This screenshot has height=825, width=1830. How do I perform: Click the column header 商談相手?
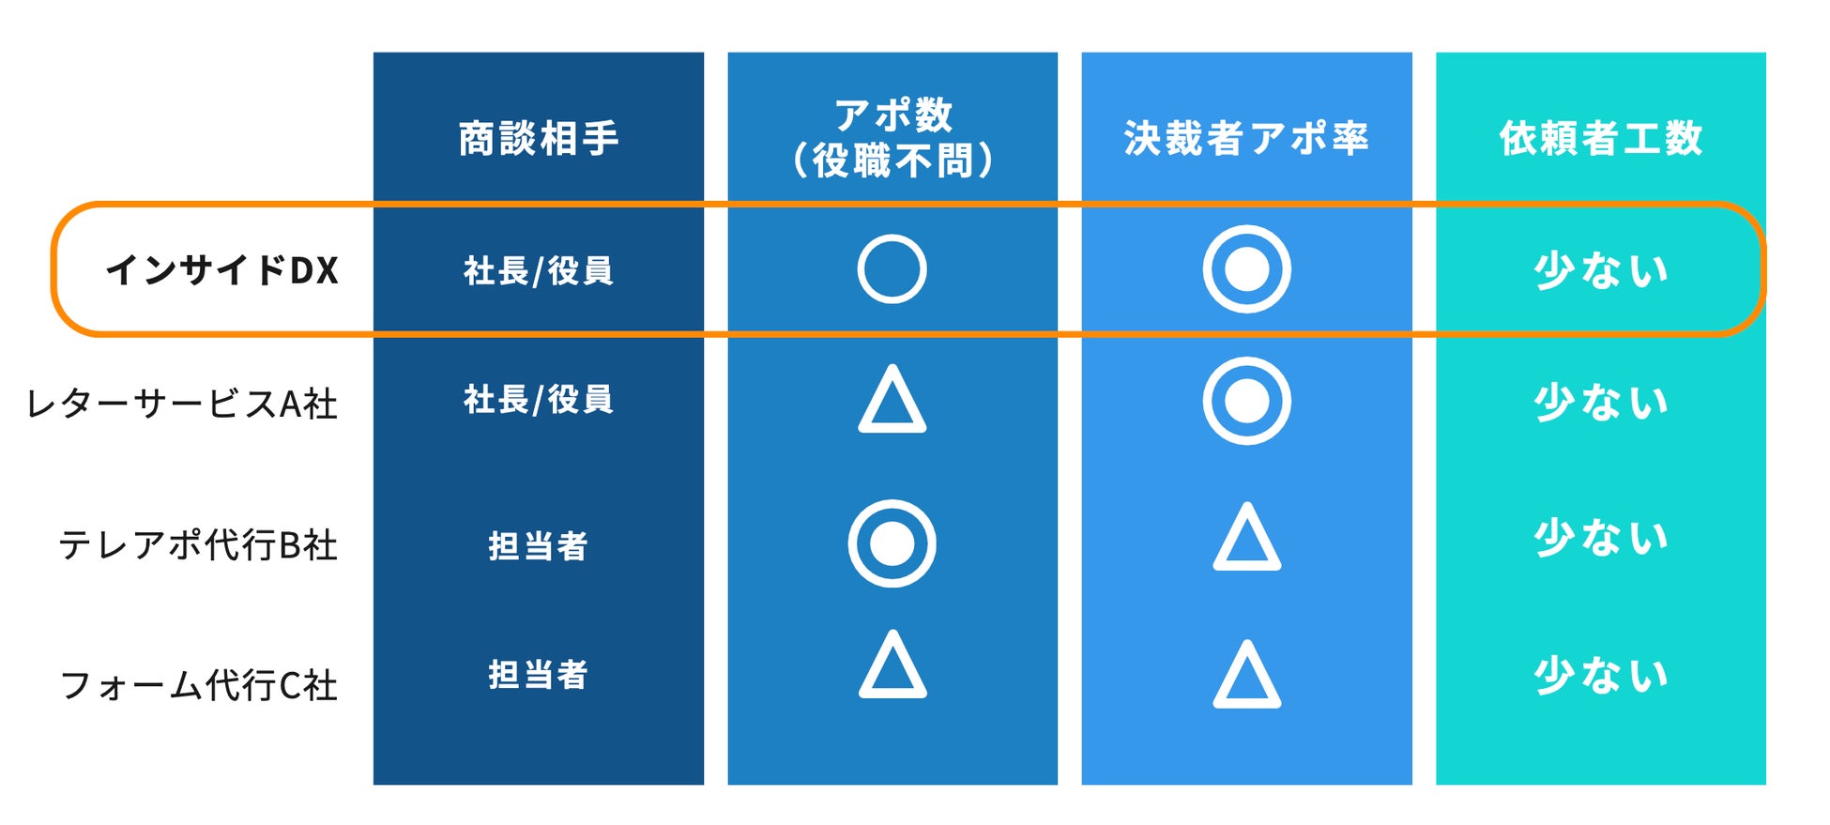point(538,139)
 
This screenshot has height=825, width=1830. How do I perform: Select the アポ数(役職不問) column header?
point(892,138)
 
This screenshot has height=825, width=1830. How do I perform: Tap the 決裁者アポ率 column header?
point(1246,139)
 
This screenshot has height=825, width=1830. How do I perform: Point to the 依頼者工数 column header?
point(1600,139)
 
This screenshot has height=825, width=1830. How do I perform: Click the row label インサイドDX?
point(222,271)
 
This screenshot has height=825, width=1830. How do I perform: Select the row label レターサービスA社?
point(182,404)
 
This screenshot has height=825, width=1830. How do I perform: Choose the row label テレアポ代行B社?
point(198,544)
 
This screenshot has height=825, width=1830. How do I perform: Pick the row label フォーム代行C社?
point(198,685)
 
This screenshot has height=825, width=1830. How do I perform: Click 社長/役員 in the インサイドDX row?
point(538,271)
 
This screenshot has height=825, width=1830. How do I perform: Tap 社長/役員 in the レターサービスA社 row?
point(538,400)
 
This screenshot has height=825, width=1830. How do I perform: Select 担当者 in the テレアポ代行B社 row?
point(538,545)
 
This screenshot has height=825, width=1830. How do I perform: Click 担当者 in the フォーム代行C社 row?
point(538,675)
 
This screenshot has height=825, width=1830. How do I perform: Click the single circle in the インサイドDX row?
point(892,269)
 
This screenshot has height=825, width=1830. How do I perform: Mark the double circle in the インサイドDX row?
point(1246,269)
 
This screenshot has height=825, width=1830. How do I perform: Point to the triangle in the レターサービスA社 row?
point(892,402)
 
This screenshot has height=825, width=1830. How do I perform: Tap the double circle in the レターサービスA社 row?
point(1246,401)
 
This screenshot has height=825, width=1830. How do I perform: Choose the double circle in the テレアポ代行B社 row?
point(892,543)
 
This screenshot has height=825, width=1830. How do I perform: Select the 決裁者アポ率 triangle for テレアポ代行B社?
point(1246,540)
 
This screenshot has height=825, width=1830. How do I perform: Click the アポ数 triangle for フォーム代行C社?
point(892,667)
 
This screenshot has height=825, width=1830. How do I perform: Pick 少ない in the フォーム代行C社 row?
point(1600,676)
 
